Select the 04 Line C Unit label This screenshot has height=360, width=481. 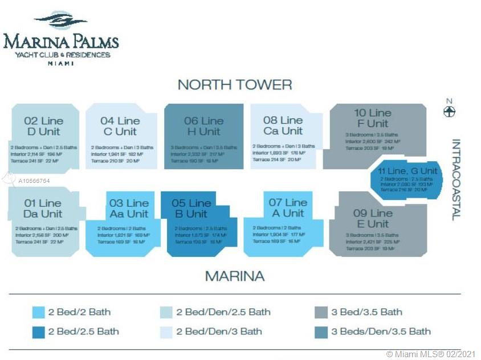pyautogui.click(x=120, y=126)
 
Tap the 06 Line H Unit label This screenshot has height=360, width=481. pyautogui.click(x=203, y=126)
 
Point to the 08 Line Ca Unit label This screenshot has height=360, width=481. pyautogui.click(x=283, y=126)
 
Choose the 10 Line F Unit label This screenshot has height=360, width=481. pyautogui.click(x=372, y=118)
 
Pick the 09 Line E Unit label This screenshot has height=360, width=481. pyautogui.click(x=373, y=218)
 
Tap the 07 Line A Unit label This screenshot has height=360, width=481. pyautogui.click(x=288, y=208)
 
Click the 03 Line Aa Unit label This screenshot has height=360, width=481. pyautogui.click(x=129, y=208)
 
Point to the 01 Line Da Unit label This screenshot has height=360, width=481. pyautogui.click(x=42, y=208)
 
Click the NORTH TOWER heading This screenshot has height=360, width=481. pyautogui.click(x=235, y=85)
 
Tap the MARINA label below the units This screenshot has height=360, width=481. pyautogui.click(x=235, y=276)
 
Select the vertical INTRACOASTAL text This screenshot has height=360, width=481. pyautogui.click(x=456, y=179)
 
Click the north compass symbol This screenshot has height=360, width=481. pyautogui.click(x=450, y=111)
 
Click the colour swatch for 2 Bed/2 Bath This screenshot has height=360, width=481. pyautogui.click(x=38, y=312)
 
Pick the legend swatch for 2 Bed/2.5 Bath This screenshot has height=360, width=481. pyautogui.click(x=38, y=332)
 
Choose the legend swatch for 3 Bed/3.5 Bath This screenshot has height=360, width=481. pyautogui.click(x=320, y=312)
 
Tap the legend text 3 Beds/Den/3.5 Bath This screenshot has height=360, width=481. pyautogui.click(x=381, y=332)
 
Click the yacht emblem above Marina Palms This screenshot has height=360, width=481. pyautogui.click(x=60, y=22)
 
